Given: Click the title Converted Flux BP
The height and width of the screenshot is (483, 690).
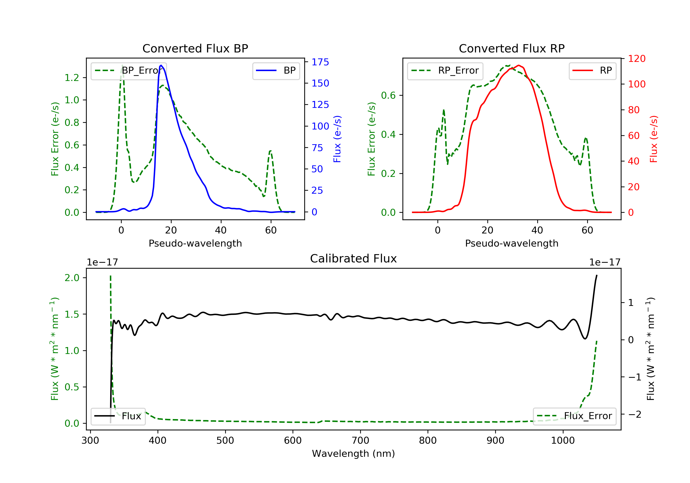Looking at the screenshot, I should coord(195,48).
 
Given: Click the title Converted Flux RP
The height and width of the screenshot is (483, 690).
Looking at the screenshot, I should coord(512,48).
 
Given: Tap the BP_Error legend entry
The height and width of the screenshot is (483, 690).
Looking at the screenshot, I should coord(129,71).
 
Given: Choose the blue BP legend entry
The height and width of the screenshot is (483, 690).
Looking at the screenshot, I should coord(276,71).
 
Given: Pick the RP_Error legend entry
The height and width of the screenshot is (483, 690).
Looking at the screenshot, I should coord(445,71).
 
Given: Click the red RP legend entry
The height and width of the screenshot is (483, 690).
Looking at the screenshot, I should coord(592,71).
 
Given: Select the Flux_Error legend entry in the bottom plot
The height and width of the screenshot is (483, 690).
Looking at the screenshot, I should coord(574,416).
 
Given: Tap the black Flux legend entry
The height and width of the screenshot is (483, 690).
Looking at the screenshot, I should coord(118,416).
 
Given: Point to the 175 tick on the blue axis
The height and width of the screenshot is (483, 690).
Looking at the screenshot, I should coord(320,62).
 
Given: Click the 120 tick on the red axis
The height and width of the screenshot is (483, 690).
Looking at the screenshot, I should coord(636,59).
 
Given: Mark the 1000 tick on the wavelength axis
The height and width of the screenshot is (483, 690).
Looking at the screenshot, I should coord(563,441).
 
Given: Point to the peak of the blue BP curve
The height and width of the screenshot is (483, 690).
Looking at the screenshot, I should coord(161,65).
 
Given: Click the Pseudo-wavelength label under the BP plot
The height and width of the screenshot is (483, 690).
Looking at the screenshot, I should coord(195,243).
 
